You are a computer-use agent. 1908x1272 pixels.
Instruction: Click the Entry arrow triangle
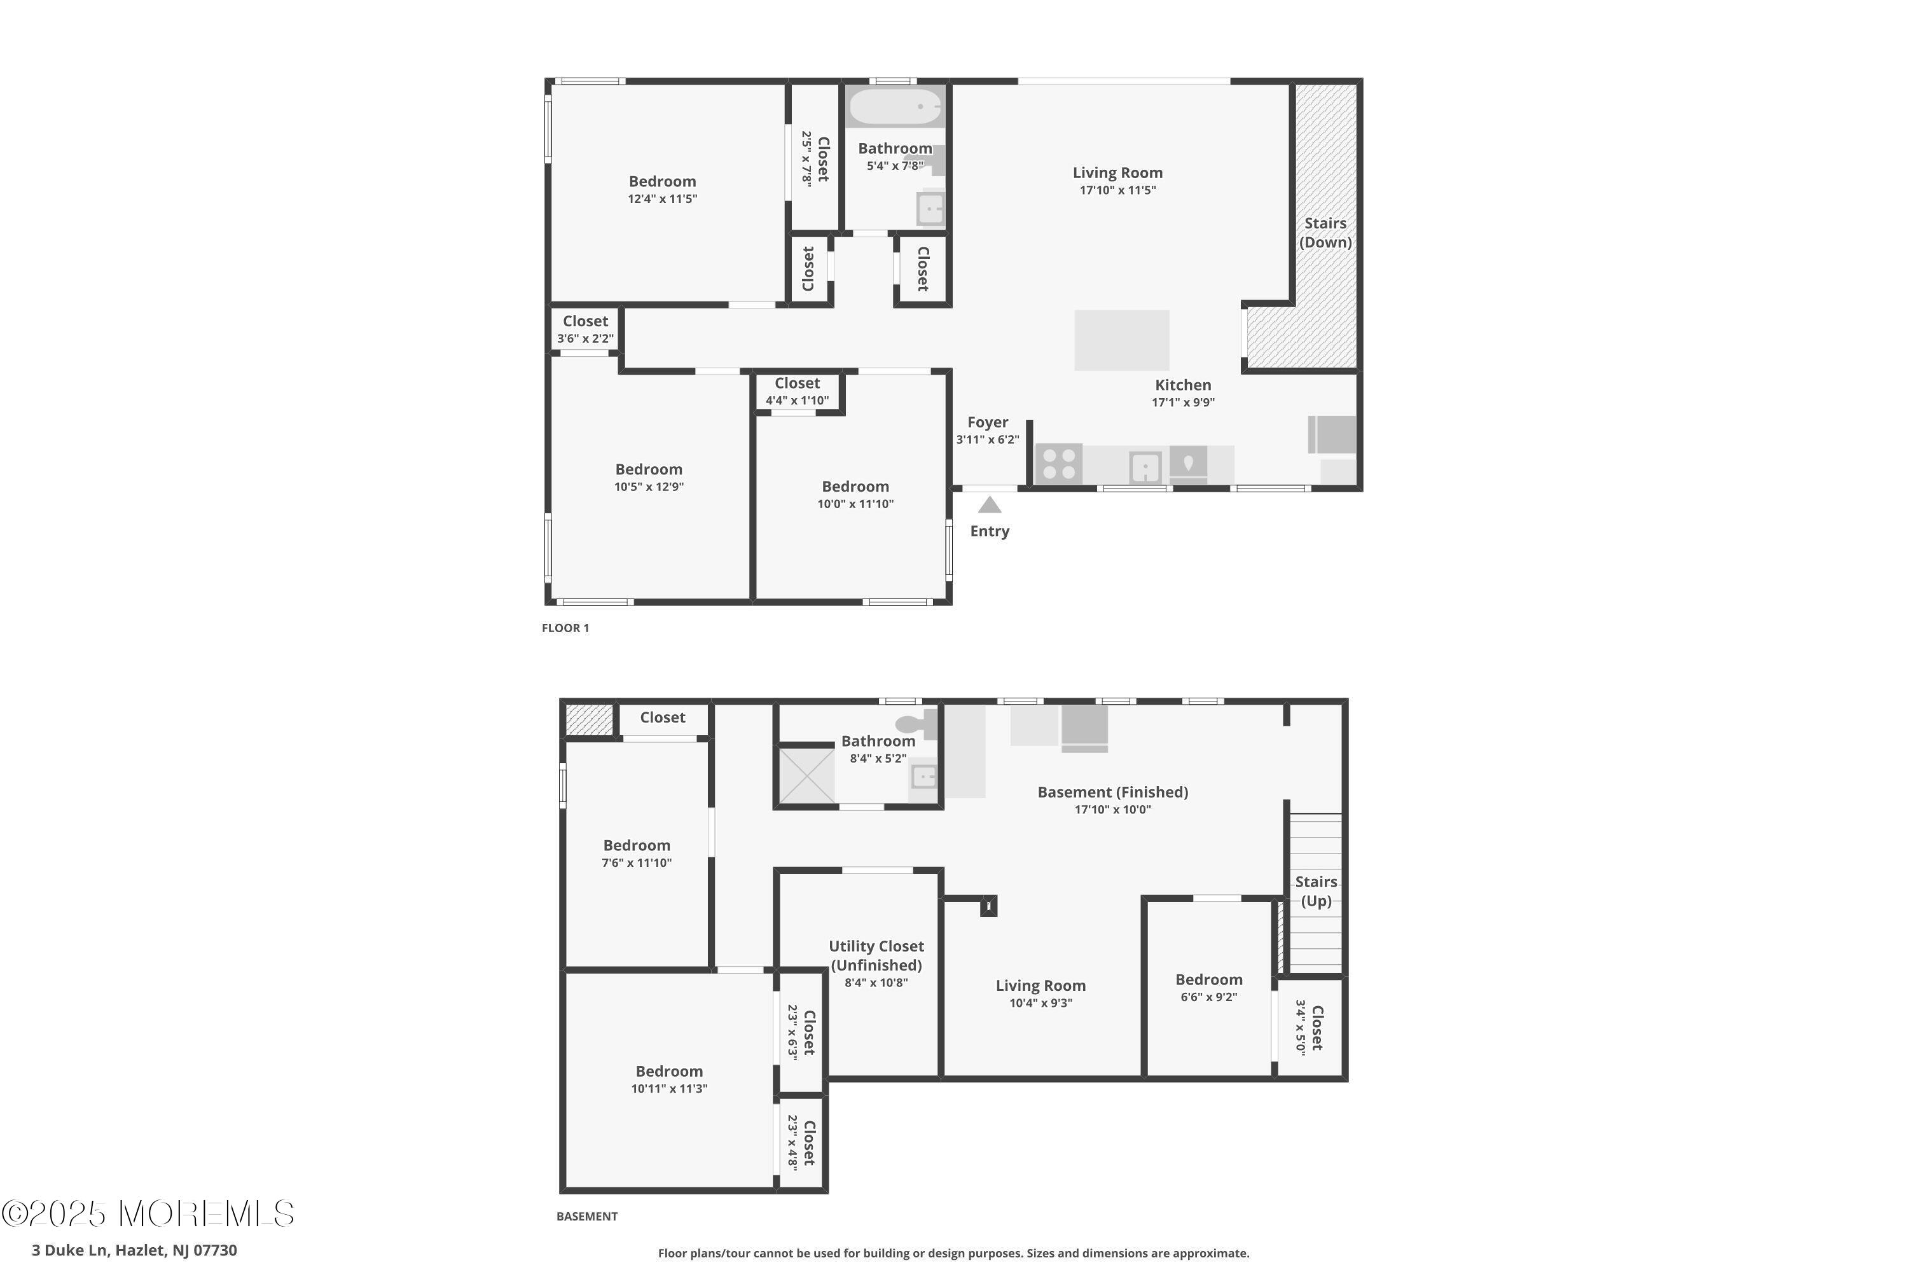pyautogui.click(x=989, y=506)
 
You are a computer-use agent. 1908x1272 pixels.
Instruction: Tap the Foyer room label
pyautogui.click(x=987, y=423)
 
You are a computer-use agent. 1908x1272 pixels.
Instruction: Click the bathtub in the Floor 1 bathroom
pyautogui.click(x=895, y=107)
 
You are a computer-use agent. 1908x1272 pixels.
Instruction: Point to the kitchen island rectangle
pyautogui.click(x=1121, y=340)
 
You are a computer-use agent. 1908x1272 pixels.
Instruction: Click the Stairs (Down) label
pyautogui.click(x=1325, y=233)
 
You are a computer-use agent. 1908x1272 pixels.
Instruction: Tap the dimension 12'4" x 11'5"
pyautogui.click(x=662, y=198)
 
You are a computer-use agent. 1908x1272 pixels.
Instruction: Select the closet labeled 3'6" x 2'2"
pyautogui.click(x=585, y=329)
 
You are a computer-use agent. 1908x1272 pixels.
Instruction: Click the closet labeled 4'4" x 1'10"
pyautogui.click(x=797, y=391)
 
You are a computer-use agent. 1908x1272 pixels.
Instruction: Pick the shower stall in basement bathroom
pyautogui.click(x=806, y=775)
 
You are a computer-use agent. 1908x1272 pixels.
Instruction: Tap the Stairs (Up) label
pyautogui.click(x=1315, y=891)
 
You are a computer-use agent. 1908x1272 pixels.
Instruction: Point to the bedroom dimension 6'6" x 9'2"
pyautogui.click(x=1208, y=997)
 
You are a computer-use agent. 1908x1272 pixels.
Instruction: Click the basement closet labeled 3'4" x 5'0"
pyautogui.click(x=1310, y=1027)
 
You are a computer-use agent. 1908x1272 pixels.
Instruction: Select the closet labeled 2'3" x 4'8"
pyautogui.click(x=801, y=1142)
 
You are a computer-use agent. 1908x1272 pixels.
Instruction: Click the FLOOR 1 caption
pyautogui.click(x=565, y=628)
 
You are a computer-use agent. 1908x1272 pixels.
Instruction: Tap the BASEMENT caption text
pyautogui.click(x=586, y=1216)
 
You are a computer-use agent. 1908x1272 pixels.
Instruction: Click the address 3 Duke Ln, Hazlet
pyautogui.click(x=134, y=1250)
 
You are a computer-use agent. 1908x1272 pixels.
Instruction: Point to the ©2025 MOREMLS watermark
pyautogui.click(x=148, y=1213)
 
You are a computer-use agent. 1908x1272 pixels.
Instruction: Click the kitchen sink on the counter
pyautogui.click(x=1145, y=467)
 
